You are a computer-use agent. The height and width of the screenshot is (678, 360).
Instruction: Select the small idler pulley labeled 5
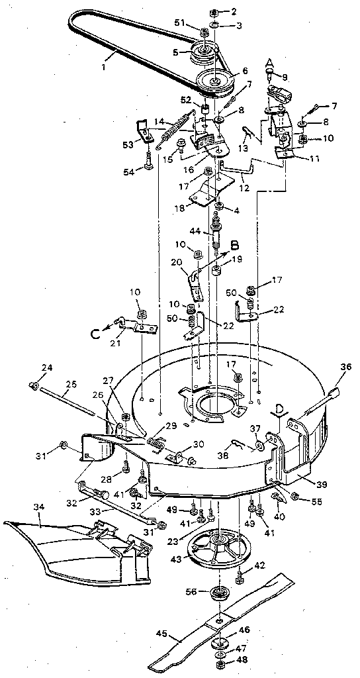(x=202, y=52)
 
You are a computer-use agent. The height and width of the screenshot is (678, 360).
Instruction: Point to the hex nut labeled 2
(x=219, y=13)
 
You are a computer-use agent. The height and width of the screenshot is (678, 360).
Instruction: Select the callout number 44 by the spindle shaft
(x=195, y=231)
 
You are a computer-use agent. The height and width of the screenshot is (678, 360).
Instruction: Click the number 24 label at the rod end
(x=28, y=368)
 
